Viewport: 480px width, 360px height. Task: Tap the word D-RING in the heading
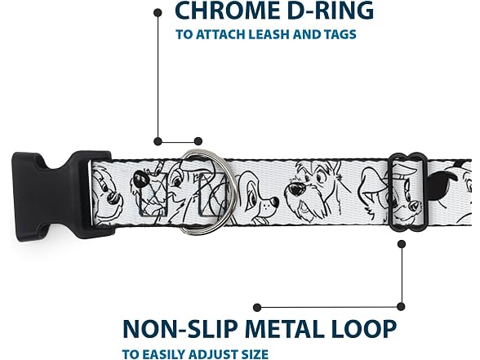[x=327, y=11]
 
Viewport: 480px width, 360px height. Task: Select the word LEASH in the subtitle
[x=269, y=34]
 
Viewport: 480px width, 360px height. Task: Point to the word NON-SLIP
[x=180, y=328]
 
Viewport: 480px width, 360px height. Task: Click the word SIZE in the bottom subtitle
[x=252, y=354]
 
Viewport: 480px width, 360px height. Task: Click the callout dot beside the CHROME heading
[x=158, y=12]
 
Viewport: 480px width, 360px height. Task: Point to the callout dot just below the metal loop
[x=402, y=244]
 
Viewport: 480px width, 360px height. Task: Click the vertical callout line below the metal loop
[x=402, y=275]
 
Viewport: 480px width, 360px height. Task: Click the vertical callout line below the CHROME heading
[x=158, y=77]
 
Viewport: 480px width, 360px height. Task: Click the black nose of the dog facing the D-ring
[x=275, y=202]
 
